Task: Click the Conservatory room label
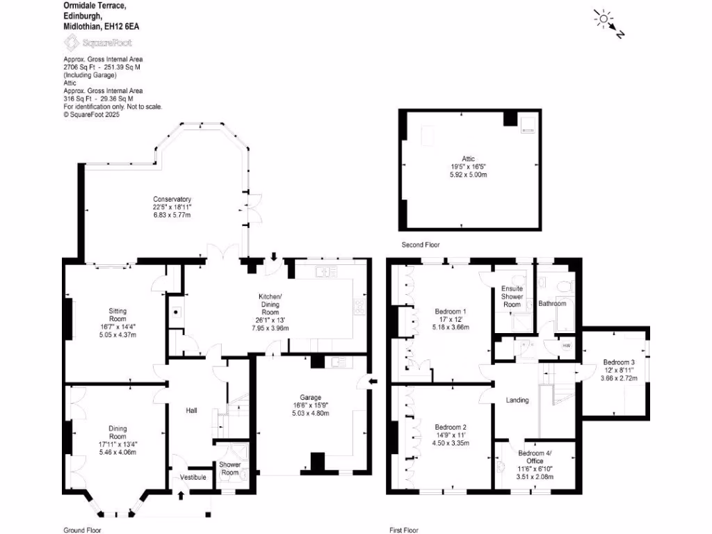pyautogui.click(x=172, y=200)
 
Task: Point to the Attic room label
pyautogui.click(x=468, y=159)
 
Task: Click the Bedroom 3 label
pyautogui.click(x=618, y=362)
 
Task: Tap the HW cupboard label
pyautogui.click(x=566, y=346)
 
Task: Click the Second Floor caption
pyautogui.click(x=421, y=245)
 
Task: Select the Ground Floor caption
pyautogui.click(x=82, y=530)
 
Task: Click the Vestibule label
pyautogui.click(x=192, y=478)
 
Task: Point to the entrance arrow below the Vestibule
pyautogui.click(x=182, y=495)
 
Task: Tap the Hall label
pyautogui.click(x=191, y=411)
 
